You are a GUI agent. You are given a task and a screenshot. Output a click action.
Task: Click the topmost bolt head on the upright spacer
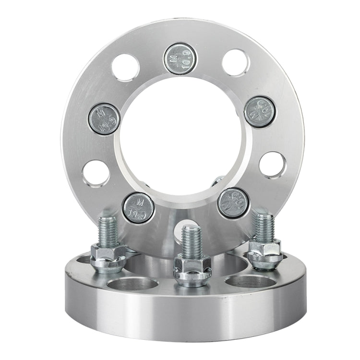tap(180, 59)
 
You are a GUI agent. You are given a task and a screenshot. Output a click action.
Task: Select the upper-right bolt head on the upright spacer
tap(260, 111)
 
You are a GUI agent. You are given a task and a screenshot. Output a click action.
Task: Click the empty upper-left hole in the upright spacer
tap(126, 67)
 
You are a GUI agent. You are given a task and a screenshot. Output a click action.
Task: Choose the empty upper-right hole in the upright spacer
tap(236, 62)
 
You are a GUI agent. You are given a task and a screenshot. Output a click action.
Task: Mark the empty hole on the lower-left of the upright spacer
tap(96, 173)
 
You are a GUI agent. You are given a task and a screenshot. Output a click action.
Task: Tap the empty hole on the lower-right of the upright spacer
tap(273, 165)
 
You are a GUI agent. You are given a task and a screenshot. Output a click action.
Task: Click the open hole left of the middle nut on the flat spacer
tap(133, 284)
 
